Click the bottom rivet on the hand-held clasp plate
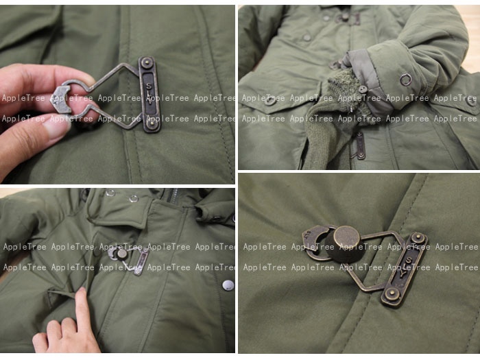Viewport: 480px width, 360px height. coord(151,125)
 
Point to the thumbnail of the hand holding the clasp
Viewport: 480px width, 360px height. coord(56,125)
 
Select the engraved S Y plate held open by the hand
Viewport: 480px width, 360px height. coord(149,94)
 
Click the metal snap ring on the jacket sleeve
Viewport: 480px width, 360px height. coord(406,79)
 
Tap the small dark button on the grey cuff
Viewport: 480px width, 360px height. coord(363,89)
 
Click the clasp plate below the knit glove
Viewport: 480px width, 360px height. coord(360,145)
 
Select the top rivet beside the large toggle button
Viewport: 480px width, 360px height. coord(417,237)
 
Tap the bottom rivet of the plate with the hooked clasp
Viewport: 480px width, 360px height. coord(392,294)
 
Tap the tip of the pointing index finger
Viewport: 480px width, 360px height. coord(82,291)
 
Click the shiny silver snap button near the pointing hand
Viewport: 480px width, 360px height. coord(228,285)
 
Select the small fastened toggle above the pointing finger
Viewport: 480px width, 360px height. coord(122,253)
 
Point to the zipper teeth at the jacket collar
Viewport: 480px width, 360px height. coord(173,194)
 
